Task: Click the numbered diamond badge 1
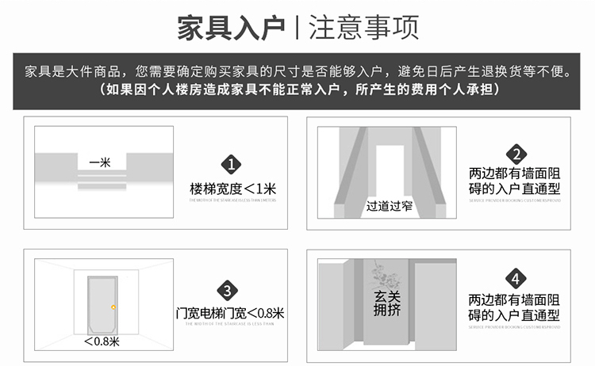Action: (232, 164)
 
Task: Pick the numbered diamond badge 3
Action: (229, 290)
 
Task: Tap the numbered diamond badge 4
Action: (515, 280)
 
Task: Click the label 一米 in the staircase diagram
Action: (99, 162)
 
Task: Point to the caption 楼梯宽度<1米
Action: (232, 189)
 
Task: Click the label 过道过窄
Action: (389, 207)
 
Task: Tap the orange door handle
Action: (115, 307)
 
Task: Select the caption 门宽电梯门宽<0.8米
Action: (229, 313)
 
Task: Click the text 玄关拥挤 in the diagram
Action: (386, 304)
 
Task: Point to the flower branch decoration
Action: (387, 274)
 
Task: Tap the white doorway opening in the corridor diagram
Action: (389, 170)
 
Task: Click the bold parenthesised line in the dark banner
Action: (297, 90)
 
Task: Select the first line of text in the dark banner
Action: (297, 71)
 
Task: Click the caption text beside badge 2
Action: (514, 181)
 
